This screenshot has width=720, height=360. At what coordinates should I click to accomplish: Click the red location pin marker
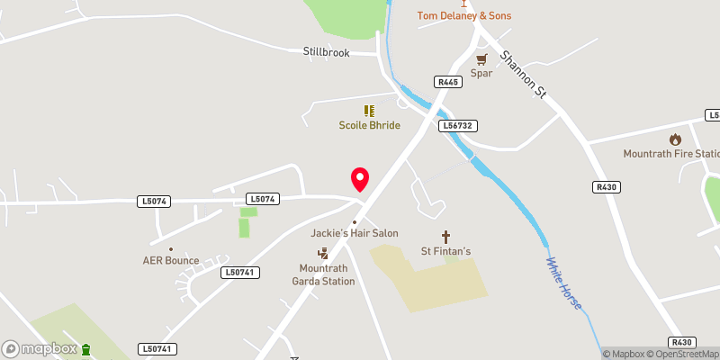click(360, 178)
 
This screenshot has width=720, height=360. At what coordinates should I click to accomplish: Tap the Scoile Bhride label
click(369, 126)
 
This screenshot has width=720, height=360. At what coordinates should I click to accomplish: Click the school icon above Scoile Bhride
click(368, 111)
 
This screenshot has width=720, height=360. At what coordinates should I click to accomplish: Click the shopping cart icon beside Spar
click(481, 59)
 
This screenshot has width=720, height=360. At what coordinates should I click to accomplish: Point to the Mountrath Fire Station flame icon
click(675, 139)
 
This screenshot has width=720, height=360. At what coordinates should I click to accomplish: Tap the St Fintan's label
click(447, 251)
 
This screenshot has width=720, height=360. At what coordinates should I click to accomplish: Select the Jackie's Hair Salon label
click(355, 233)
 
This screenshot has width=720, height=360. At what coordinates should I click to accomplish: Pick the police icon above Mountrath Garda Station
click(322, 254)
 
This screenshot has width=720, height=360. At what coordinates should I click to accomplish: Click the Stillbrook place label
click(325, 52)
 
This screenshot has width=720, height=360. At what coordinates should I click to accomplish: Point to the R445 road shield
click(447, 82)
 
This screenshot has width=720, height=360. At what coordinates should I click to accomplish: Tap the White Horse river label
click(563, 283)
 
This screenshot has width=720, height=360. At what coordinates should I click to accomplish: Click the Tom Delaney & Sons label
click(464, 15)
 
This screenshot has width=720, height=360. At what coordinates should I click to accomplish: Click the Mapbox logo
click(39, 348)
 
